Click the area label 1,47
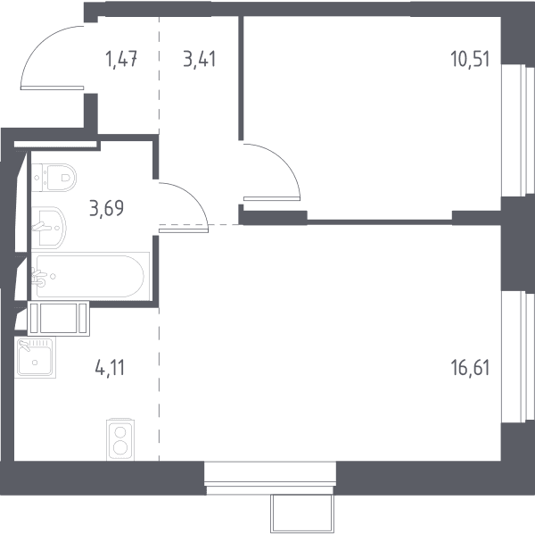tap(121, 59)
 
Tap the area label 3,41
tap(200, 59)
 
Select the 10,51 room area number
tap(470, 59)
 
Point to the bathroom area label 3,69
tap(106, 208)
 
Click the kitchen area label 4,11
tap(111, 368)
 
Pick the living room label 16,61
tap(470, 368)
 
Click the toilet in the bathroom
tap(53, 178)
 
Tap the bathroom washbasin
tap(48, 227)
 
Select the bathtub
tap(90, 277)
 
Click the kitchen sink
tap(35, 357)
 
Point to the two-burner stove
tap(120, 439)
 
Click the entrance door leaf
tap(53, 88)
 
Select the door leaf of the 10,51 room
tap(272, 198)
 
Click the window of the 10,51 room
tap(517, 130)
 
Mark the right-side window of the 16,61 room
tap(517, 357)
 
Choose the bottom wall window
tap(270, 478)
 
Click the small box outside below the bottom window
tap(302, 513)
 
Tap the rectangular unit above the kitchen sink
tap(58, 319)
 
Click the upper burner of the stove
tap(120, 432)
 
